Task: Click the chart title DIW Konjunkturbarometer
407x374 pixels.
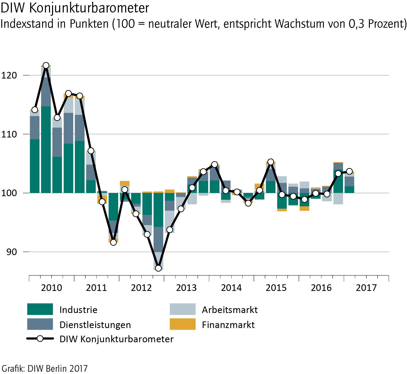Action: [x=75, y=8]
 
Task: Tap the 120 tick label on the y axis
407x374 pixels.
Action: [x=9, y=75]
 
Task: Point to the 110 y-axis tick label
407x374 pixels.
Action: [x=9, y=134]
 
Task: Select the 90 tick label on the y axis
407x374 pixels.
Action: [x=11, y=252]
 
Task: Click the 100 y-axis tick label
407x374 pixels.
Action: [x=9, y=193]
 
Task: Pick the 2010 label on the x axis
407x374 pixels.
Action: [x=51, y=288]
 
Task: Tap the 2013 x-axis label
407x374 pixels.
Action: [x=186, y=288]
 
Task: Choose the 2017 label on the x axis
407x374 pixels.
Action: [x=366, y=288]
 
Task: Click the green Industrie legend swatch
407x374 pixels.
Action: [x=40, y=309]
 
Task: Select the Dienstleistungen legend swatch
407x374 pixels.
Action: [x=40, y=324]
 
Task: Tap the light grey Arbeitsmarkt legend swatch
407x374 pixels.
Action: [x=183, y=309]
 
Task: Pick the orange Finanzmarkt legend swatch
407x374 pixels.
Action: [x=183, y=324]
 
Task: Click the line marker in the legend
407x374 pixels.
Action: [x=40, y=339]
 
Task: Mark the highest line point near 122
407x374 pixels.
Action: [x=46, y=66]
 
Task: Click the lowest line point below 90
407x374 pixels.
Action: [x=158, y=268]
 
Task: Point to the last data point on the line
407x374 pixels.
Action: [x=349, y=172]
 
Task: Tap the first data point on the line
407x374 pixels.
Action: [x=35, y=110]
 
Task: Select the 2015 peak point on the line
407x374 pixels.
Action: [x=271, y=162]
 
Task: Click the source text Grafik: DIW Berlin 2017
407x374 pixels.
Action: [x=44, y=368]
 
